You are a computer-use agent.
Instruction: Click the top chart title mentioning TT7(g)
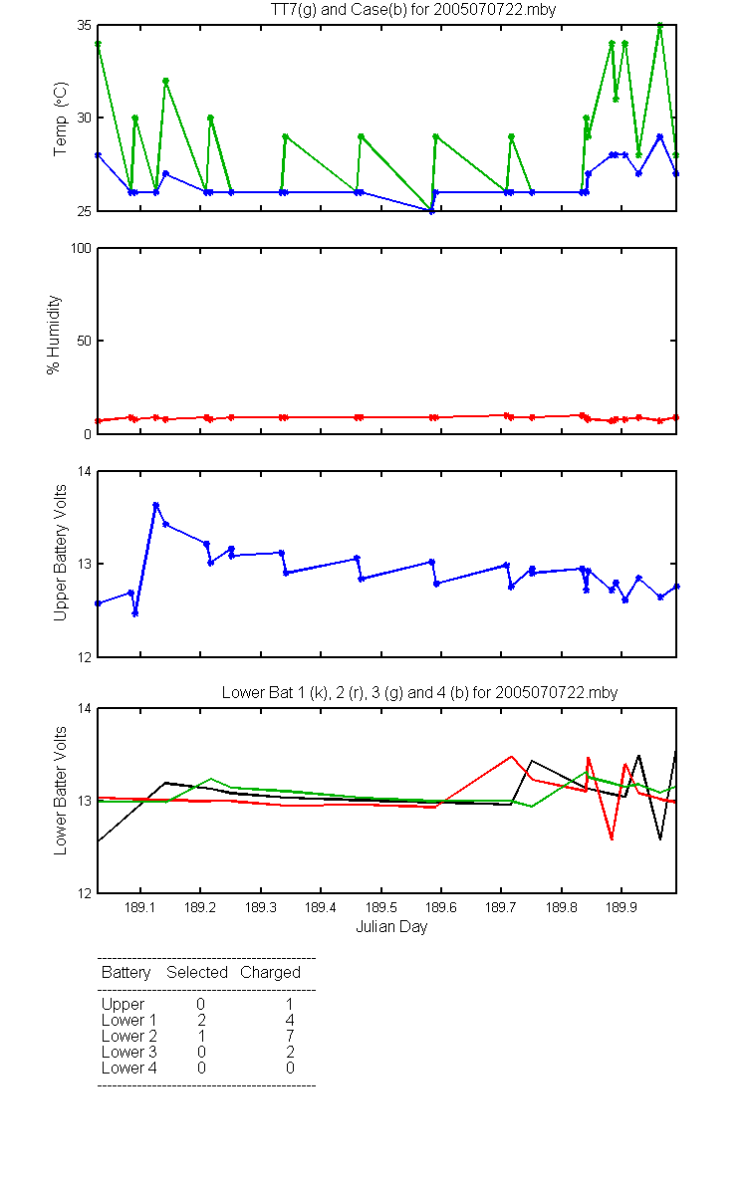(x=413, y=9)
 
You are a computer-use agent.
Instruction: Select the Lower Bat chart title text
(x=419, y=692)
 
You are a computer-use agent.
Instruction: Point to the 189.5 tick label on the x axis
(x=380, y=907)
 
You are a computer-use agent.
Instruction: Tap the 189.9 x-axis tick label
(x=622, y=907)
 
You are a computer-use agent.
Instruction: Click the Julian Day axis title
(x=391, y=927)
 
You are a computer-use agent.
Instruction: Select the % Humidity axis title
(x=54, y=335)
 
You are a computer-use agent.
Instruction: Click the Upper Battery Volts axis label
(x=61, y=553)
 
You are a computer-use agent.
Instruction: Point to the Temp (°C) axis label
(x=61, y=119)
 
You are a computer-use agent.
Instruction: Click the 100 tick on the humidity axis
(x=81, y=249)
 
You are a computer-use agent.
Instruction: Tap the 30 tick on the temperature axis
(x=85, y=118)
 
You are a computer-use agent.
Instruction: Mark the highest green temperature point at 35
(x=660, y=25)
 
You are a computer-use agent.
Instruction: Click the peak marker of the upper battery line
(x=155, y=505)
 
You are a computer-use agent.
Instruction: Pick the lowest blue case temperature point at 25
(x=431, y=211)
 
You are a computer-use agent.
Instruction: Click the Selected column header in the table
(x=197, y=973)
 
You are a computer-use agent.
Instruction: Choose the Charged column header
(x=270, y=973)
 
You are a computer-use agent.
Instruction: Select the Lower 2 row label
(x=129, y=1036)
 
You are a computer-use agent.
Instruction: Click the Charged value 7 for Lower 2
(x=290, y=1036)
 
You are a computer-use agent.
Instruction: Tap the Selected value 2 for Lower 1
(x=201, y=1020)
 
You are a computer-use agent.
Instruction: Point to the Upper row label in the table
(x=123, y=1005)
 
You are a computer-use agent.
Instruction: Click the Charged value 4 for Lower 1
(x=290, y=1020)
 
